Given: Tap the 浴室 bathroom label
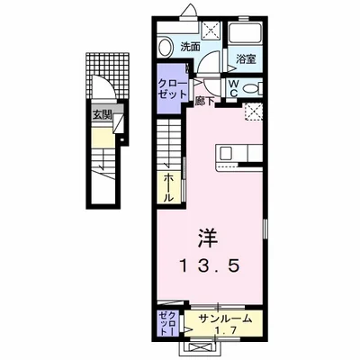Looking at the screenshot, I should [x=246, y=60].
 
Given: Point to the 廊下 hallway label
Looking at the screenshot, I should [x=205, y=101].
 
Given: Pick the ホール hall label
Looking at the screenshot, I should [x=168, y=187].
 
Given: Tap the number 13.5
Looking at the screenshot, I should [x=210, y=266].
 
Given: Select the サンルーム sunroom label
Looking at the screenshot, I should [x=223, y=319].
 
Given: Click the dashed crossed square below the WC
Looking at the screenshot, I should [x=254, y=112].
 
